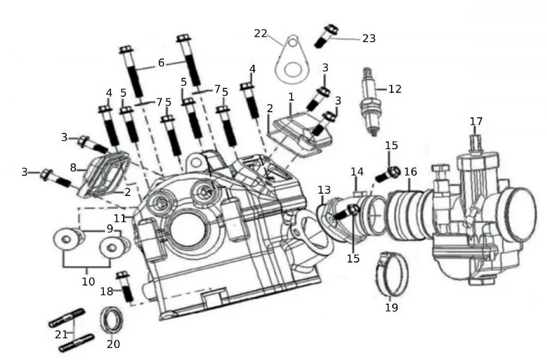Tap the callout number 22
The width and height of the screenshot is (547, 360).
[x=260, y=33]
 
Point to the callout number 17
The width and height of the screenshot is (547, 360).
[x=476, y=121]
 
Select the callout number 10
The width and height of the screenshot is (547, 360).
[x=88, y=282]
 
